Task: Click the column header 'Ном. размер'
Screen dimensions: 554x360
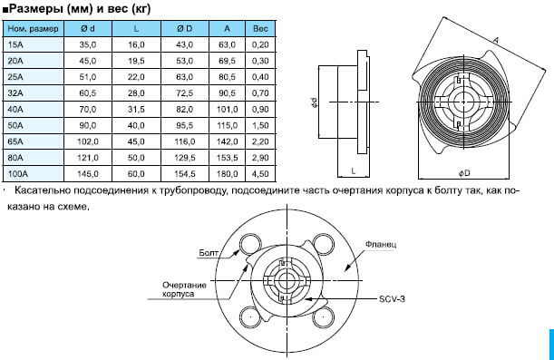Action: pos(33,29)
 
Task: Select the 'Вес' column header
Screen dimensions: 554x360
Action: pos(260,29)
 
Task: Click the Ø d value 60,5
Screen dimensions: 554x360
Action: pos(88,93)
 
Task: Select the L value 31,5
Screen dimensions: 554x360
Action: pos(136,110)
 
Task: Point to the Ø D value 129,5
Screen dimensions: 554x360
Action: pos(185,158)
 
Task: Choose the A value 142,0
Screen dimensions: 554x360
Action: pos(228,141)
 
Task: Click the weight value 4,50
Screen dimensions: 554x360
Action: pos(260,174)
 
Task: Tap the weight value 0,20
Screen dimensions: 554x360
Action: pos(260,44)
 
